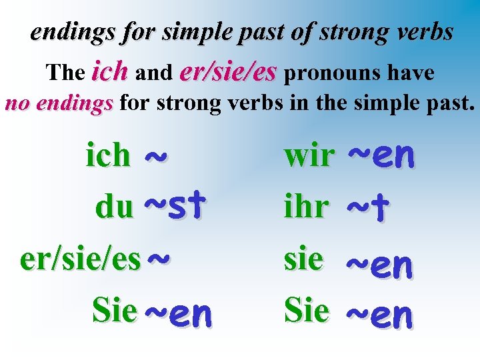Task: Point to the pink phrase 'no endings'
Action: [59, 104]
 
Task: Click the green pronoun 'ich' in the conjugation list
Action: [108, 155]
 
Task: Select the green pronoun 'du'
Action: [114, 207]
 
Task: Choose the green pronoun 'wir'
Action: [309, 155]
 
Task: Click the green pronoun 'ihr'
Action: [306, 207]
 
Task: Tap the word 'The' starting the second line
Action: [65, 72]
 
